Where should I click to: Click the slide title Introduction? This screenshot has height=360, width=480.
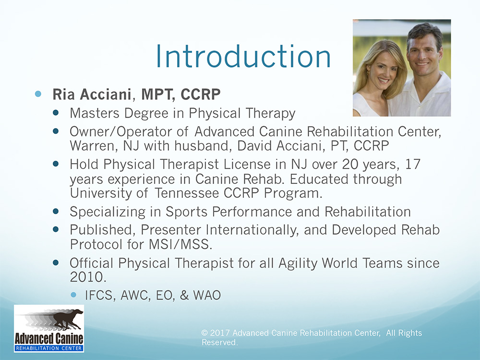pyautogui.click(x=243, y=57)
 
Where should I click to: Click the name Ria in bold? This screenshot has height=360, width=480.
pyautogui.click(x=64, y=94)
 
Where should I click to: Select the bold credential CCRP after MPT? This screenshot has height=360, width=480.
pyautogui.click(x=201, y=94)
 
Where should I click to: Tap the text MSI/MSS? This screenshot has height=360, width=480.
pyautogui.click(x=180, y=244)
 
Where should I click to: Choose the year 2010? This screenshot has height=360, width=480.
pyautogui.click(x=88, y=277)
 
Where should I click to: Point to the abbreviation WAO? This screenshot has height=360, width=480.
pyautogui.click(x=207, y=295)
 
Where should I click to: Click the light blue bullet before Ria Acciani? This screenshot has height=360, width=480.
pyautogui.click(x=38, y=94)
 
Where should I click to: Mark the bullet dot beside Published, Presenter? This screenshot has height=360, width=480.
pyautogui.click(x=56, y=229)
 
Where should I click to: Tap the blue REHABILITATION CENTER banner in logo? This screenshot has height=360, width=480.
pyautogui.click(x=49, y=348)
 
